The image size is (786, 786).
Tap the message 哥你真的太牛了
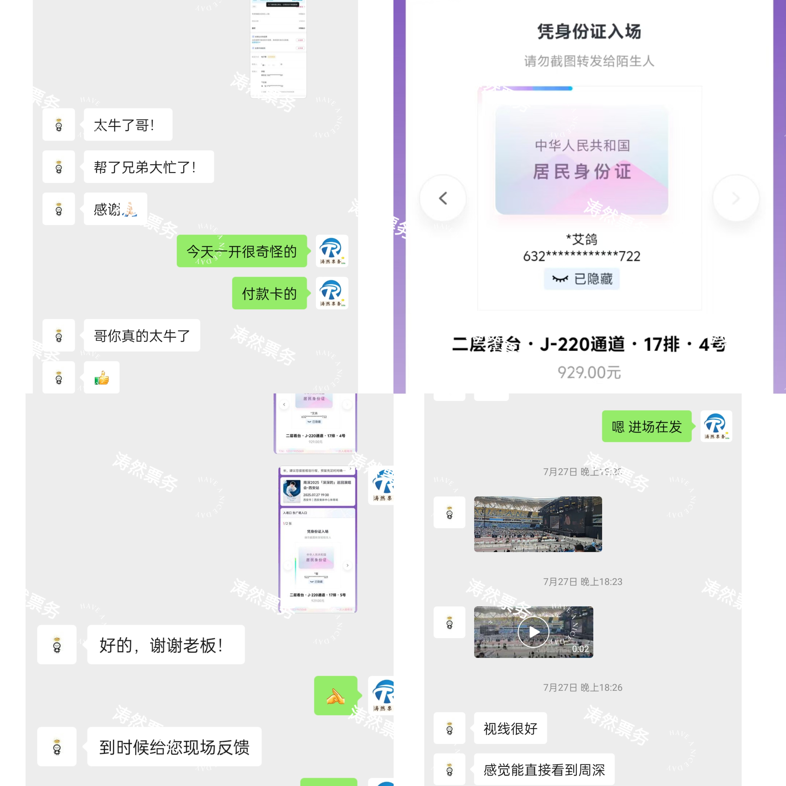click(142, 336)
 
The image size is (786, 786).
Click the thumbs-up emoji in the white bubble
click(102, 378)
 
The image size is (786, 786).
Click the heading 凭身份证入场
click(589, 32)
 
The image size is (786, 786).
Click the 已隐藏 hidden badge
click(582, 279)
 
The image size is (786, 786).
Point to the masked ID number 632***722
click(582, 256)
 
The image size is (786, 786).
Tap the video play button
click(533, 632)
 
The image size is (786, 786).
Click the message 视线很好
click(510, 728)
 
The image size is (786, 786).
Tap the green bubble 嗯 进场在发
click(646, 426)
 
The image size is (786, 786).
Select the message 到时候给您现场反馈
click(174, 747)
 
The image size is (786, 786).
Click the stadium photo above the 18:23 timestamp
click(538, 524)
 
